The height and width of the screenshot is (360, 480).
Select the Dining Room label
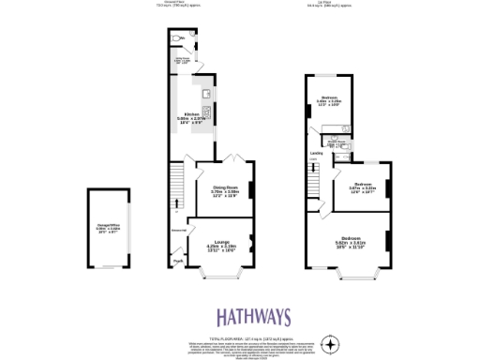tap(224, 191)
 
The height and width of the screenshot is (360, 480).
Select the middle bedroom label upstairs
tap(361, 187)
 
